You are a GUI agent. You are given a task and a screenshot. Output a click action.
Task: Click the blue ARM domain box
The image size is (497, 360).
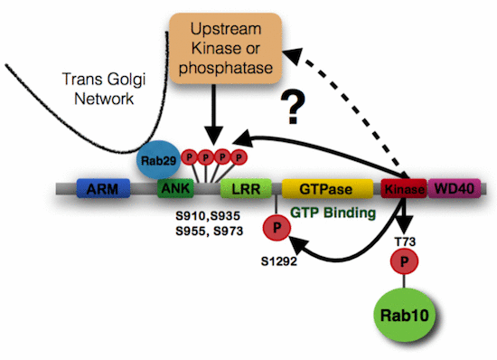(104, 188)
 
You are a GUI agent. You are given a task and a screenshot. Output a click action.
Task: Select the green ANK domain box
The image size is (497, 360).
(172, 189)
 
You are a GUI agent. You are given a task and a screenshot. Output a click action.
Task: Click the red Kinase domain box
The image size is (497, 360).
(403, 189)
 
